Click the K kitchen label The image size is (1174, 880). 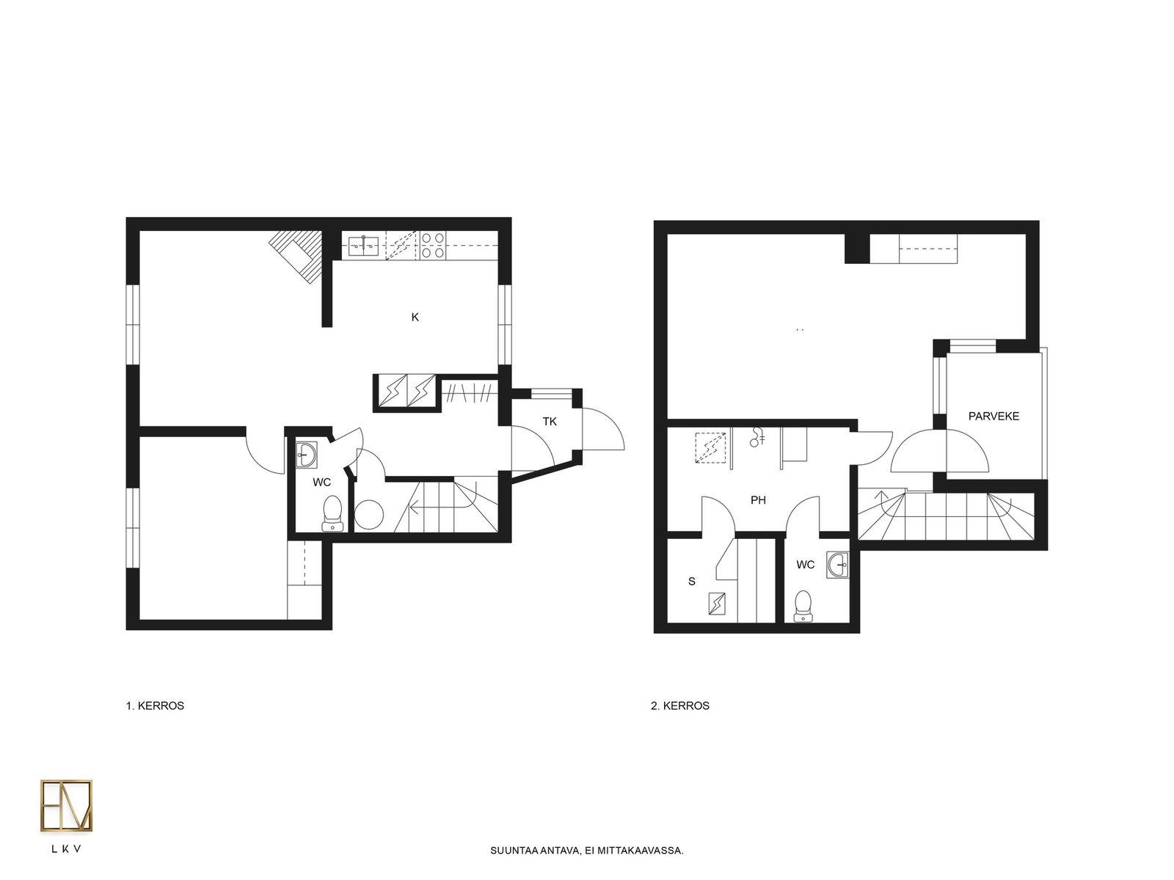point(415,317)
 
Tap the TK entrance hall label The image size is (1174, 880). point(550,422)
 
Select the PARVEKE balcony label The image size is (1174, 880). point(993,417)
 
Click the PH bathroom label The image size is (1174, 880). point(758,500)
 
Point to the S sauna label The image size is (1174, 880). point(692,582)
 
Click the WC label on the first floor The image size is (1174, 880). point(321,483)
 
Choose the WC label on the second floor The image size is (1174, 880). point(805,565)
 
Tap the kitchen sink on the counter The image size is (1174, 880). point(364,246)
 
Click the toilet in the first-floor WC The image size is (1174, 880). point(332,513)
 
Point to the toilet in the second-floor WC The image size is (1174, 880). point(803,606)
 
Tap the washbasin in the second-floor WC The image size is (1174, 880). point(837,565)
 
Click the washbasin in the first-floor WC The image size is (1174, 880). point(306,455)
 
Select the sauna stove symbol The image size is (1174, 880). point(717,604)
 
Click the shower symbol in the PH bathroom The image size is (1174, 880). point(756,437)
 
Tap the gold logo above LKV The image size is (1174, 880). point(66,806)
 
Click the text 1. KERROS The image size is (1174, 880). point(155,705)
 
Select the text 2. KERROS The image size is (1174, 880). point(680,705)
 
